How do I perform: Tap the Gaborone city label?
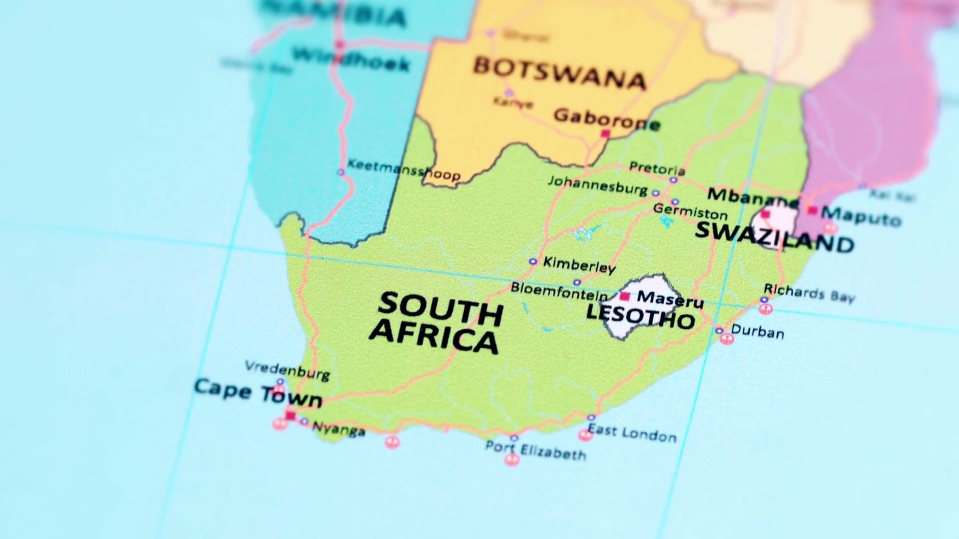point(607,119)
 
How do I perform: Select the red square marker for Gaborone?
point(605,133)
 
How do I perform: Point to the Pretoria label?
point(657,169)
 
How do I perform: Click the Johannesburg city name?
point(598,185)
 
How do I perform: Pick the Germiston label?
point(690,212)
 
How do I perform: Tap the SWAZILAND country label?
point(774,238)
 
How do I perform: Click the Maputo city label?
point(862,216)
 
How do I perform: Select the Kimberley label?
point(579,265)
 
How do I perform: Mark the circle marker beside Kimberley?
point(533,261)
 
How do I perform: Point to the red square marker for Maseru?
point(624,296)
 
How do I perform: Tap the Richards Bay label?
point(809,293)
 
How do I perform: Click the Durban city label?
point(757,331)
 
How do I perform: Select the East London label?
point(632,433)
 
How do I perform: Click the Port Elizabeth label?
point(536,450)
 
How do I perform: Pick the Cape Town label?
point(258,393)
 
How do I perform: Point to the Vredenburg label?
point(287,370)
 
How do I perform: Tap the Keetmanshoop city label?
point(404,169)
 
